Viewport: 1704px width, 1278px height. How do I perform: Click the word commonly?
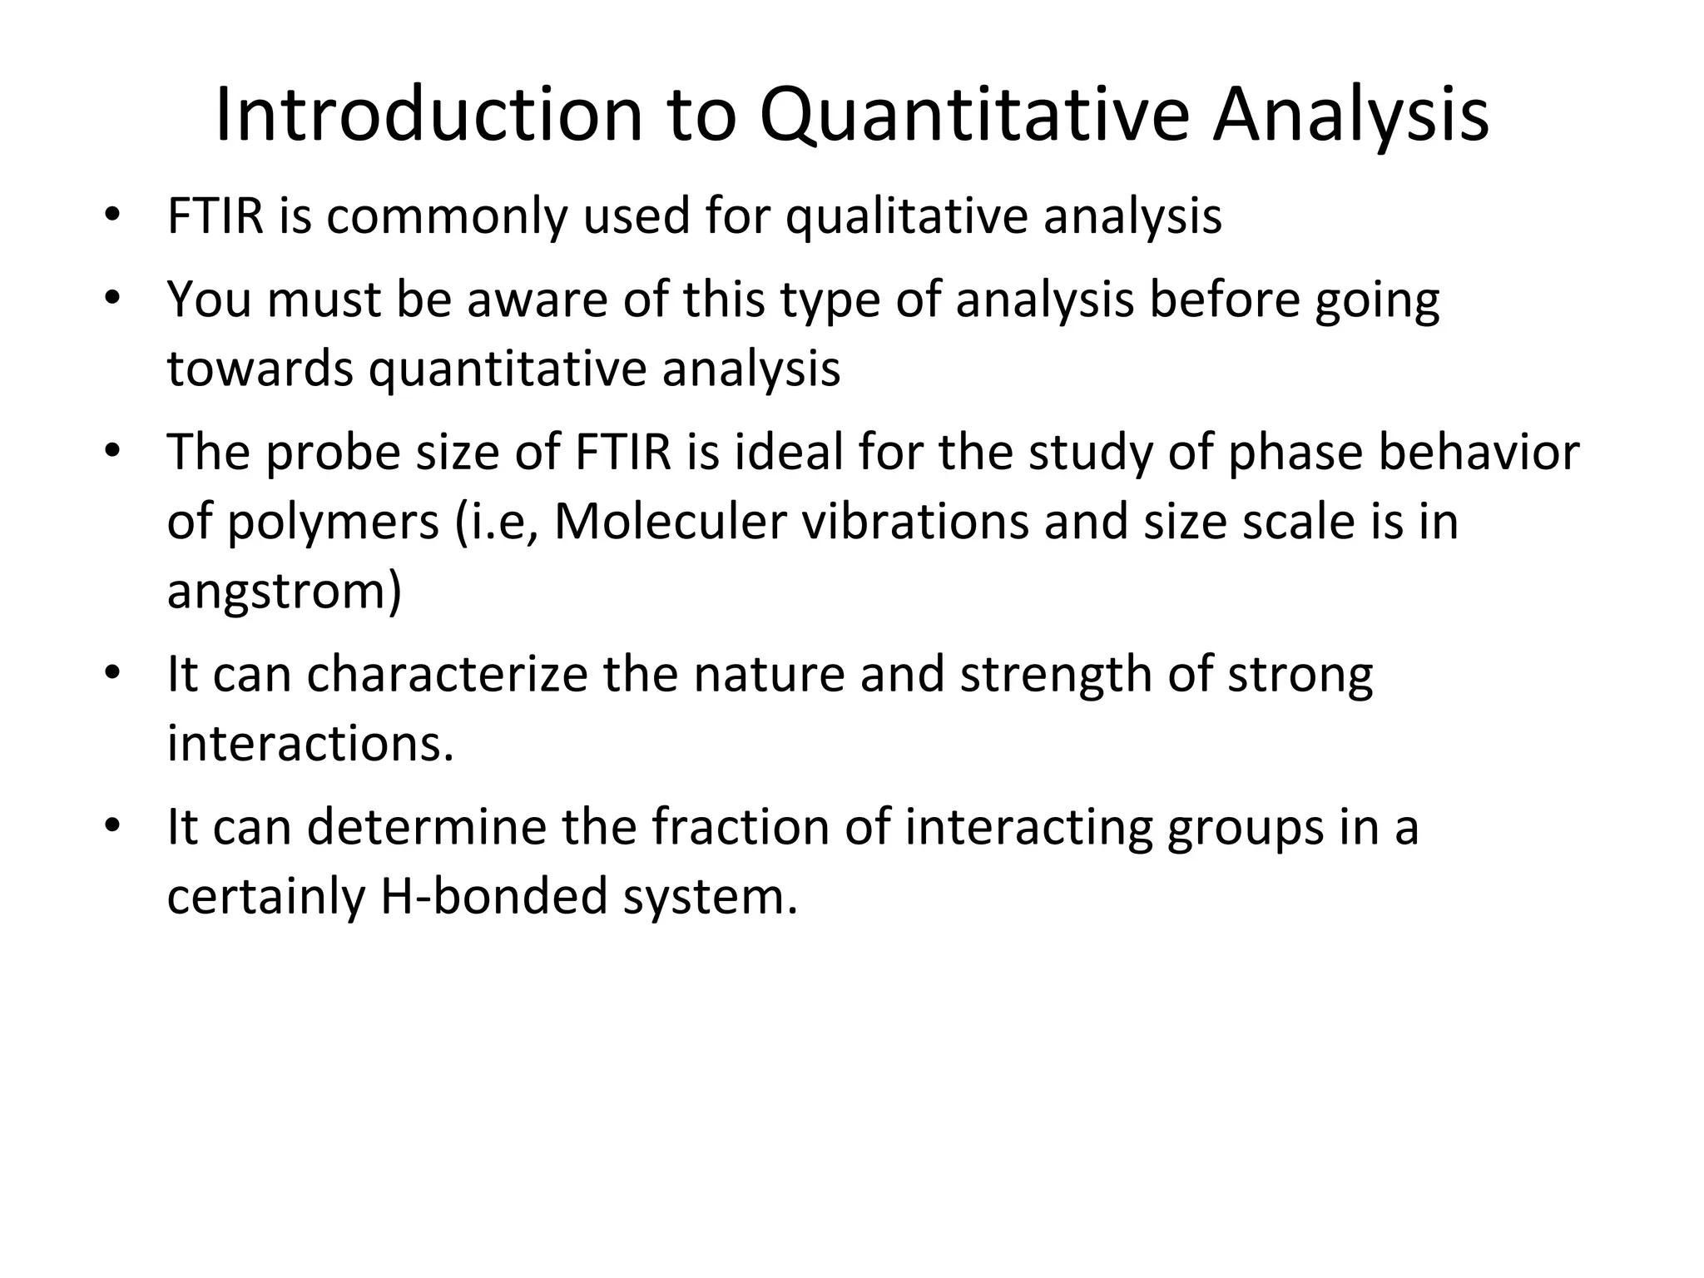pyautogui.click(x=446, y=216)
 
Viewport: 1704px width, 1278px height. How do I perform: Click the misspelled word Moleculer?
pyautogui.click(x=670, y=522)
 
